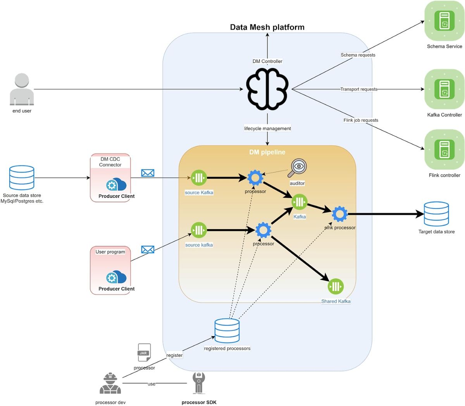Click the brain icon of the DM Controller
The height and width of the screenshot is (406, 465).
pos(267,89)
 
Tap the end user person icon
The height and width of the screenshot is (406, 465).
pos(22,90)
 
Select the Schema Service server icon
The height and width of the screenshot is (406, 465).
pos(444,21)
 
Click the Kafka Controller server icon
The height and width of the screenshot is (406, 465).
pos(444,89)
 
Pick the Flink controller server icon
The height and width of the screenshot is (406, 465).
pos(444,150)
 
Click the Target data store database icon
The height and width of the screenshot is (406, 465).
pos(436,214)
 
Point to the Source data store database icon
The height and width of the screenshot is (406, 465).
pos(22,178)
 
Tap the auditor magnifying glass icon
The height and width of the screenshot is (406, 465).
pos(298,168)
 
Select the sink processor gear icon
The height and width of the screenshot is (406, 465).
pos(339,214)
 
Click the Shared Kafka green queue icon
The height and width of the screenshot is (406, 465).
pos(336,287)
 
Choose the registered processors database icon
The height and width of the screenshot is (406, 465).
pos(227,331)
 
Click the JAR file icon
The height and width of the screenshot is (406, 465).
pos(144,352)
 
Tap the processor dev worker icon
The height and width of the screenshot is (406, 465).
pos(110,384)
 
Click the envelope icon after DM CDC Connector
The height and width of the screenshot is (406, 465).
pos(148,173)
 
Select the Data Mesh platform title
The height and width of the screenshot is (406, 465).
pos(267,27)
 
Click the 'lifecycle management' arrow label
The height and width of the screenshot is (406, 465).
pos(267,128)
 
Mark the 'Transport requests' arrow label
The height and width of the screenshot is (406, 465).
pos(359,89)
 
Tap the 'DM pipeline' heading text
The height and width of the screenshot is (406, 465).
pos(267,152)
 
